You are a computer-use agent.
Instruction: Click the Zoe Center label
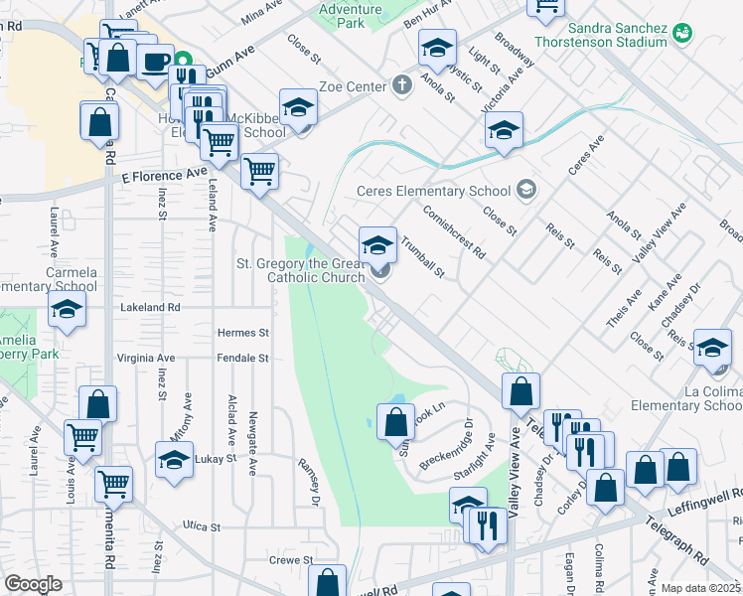pyautogui.click(x=351, y=87)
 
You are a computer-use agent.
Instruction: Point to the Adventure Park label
pyautogui.click(x=344, y=15)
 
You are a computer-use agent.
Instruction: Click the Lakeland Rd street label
pyautogui.click(x=150, y=308)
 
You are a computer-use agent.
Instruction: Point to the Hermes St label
pyautogui.click(x=243, y=333)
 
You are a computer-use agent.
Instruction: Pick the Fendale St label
pyautogui.click(x=243, y=358)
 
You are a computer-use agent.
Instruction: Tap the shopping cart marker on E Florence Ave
pyautogui.click(x=259, y=172)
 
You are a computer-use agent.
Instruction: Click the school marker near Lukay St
pyautogui.click(x=174, y=460)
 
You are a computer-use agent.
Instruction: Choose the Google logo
pyautogui.click(x=34, y=585)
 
